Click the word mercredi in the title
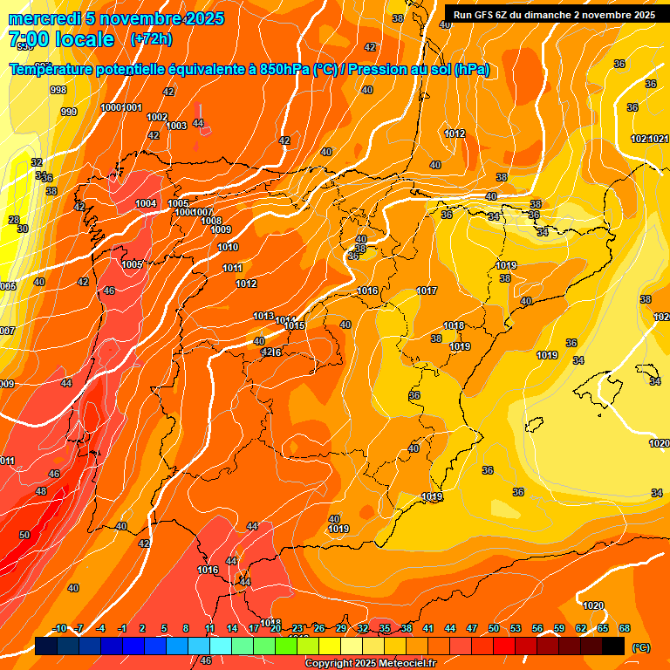(44, 18)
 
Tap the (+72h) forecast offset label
(151, 39)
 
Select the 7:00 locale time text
(61, 39)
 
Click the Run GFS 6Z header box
(554, 14)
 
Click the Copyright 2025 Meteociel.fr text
(370, 663)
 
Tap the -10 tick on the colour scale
(59, 628)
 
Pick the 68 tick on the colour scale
(624, 628)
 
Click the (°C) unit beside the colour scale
(640, 647)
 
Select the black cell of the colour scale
(612, 646)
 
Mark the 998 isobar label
(58, 90)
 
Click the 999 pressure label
(69, 112)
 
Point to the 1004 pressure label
(146, 203)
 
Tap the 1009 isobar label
(221, 229)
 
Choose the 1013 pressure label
(263, 316)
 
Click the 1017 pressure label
(427, 291)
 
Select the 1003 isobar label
(176, 126)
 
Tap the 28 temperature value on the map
(14, 220)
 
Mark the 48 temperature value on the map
(41, 491)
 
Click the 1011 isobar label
(232, 268)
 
